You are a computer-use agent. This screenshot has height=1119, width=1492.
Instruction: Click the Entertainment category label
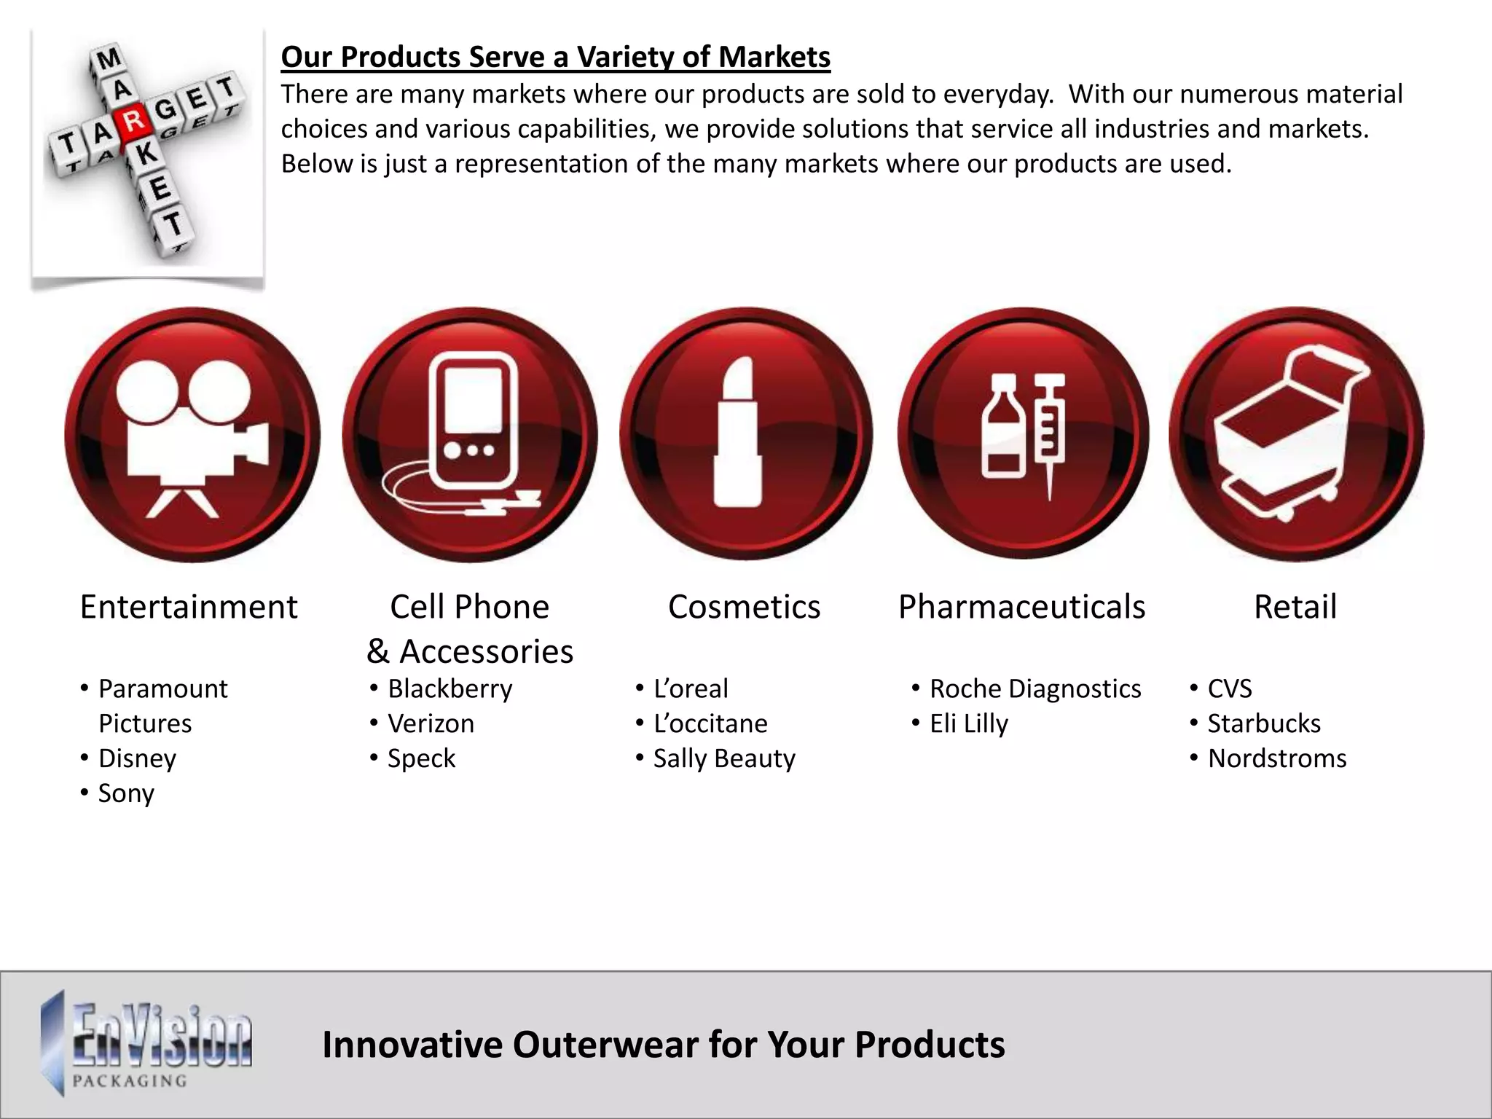[x=189, y=607]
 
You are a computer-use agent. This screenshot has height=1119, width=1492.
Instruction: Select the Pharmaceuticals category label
[x=1021, y=607]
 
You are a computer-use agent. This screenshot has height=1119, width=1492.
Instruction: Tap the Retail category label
[x=1295, y=607]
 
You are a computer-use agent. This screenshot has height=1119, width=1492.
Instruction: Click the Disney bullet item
[x=137, y=758]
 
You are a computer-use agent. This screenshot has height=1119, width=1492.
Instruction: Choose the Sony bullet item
[x=126, y=793]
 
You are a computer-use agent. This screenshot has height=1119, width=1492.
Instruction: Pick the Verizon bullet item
[x=431, y=723]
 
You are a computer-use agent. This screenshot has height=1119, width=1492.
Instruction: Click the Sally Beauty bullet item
[x=724, y=758]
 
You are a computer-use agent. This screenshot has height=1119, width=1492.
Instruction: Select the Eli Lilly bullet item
[x=968, y=723]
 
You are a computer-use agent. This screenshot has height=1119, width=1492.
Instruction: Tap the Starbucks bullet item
[x=1263, y=723]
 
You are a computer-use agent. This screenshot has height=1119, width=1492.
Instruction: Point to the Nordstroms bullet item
[x=1276, y=758]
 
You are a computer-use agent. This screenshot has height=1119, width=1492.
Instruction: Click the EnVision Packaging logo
[x=146, y=1043]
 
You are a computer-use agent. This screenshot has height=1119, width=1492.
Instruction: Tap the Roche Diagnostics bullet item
[x=1034, y=688]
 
